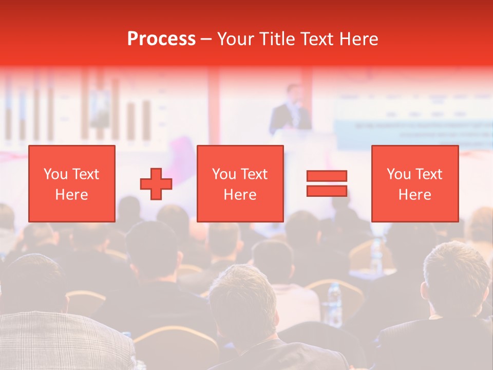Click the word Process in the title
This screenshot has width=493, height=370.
click(x=161, y=39)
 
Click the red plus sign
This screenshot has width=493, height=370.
click(x=156, y=183)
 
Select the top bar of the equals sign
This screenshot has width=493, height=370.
click(x=327, y=176)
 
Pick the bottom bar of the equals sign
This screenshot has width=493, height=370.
click(x=327, y=191)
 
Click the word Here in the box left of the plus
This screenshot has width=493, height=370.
click(x=71, y=195)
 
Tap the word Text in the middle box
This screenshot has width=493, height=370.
click(x=253, y=174)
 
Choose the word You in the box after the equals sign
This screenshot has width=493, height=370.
click(x=399, y=174)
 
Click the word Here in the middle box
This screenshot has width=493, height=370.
click(x=240, y=195)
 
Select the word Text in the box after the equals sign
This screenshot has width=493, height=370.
click(x=428, y=174)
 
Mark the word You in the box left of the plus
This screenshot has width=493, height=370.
click(x=55, y=174)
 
